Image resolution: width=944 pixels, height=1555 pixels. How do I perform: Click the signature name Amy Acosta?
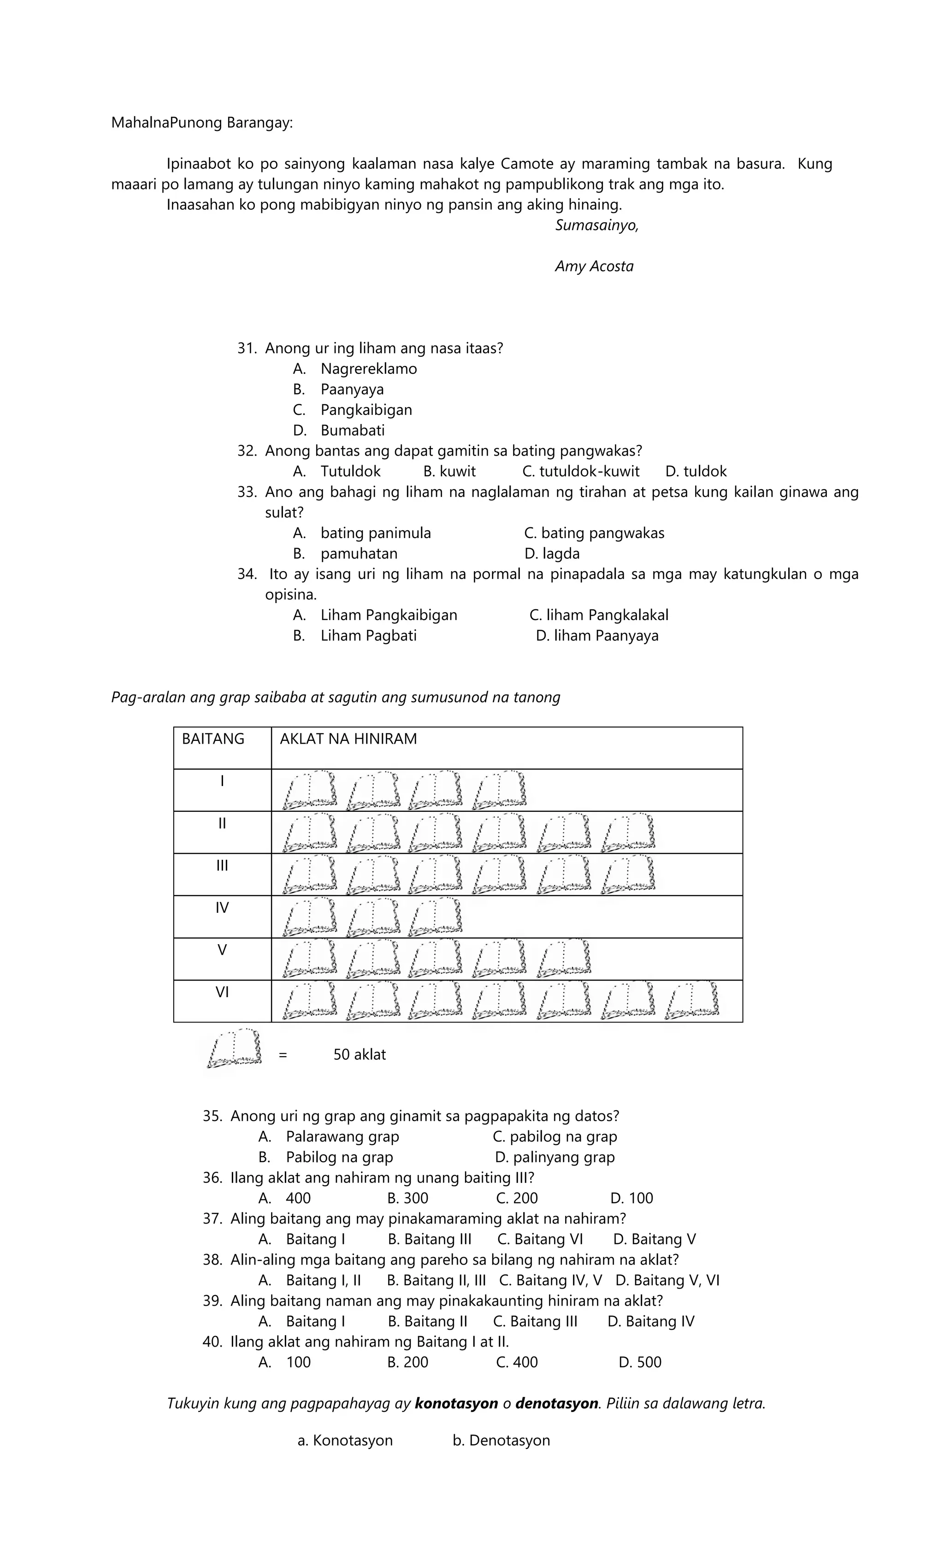(594, 266)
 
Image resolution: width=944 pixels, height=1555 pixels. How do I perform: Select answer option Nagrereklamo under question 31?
(368, 368)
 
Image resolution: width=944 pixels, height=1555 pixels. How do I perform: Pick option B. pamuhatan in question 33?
(359, 554)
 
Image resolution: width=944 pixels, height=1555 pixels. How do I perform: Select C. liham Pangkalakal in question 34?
(599, 615)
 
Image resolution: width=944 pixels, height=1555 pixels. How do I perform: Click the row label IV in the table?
(222, 908)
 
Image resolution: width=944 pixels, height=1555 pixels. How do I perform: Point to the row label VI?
(222, 993)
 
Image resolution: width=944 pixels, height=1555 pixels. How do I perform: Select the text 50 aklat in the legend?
(360, 1054)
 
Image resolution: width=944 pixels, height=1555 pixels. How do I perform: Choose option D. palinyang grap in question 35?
(555, 1158)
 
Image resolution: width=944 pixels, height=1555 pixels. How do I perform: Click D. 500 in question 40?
(640, 1362)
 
